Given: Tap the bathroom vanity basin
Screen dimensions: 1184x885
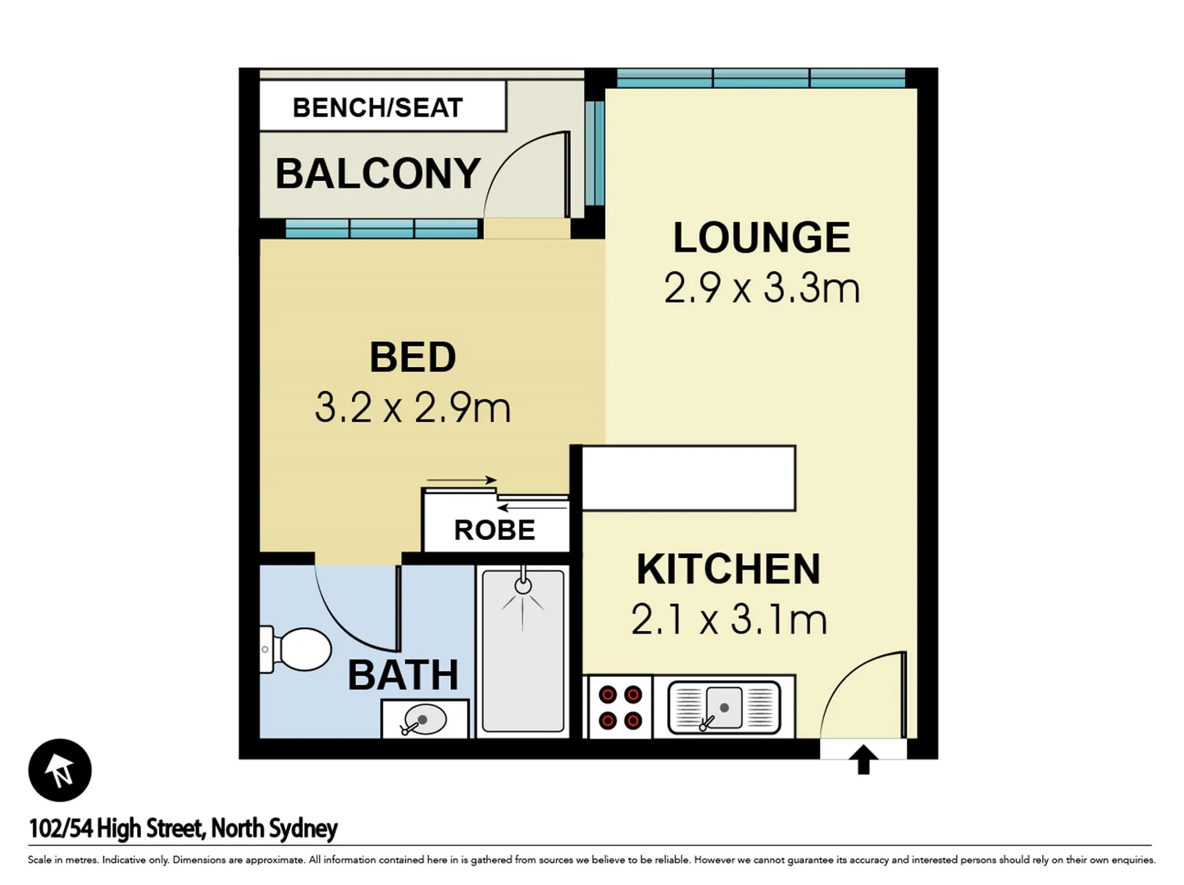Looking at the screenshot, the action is [425, 719].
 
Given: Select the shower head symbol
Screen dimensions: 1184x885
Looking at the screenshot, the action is [522, 585].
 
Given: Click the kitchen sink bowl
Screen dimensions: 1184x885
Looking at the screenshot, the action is [724, 708].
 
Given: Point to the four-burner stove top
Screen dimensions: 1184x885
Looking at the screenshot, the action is [620, 707].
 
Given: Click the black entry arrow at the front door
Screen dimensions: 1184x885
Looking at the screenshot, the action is [863, 760].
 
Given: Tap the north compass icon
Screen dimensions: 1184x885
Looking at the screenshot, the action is [60, 769].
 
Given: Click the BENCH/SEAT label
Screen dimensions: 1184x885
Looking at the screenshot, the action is [378, 108].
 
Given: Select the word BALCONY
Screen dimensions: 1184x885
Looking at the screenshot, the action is [378, 174].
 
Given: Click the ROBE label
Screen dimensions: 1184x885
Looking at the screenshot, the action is [494, 530].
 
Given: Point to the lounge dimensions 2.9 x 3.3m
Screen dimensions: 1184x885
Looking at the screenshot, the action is [761, 288].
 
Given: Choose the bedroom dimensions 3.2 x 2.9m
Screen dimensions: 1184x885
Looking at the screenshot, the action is [412, 407].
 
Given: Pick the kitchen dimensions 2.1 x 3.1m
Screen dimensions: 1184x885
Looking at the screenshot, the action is [729, 619].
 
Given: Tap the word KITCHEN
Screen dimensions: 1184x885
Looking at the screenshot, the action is [728, 569].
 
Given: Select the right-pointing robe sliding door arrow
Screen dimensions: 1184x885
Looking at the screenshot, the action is [462, 479].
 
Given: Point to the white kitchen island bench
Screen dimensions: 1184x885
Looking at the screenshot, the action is [688, 478].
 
